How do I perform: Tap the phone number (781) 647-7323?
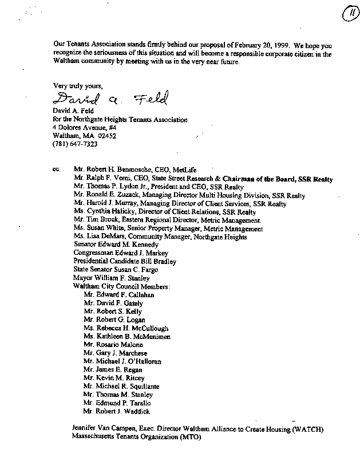tap(74, 144)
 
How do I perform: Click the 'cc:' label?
tap(56, 170)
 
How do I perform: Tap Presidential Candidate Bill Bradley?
tap(125, 261)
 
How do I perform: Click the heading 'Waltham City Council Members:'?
tap(121, 286)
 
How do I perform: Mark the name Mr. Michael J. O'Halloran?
tap(122, 361)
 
